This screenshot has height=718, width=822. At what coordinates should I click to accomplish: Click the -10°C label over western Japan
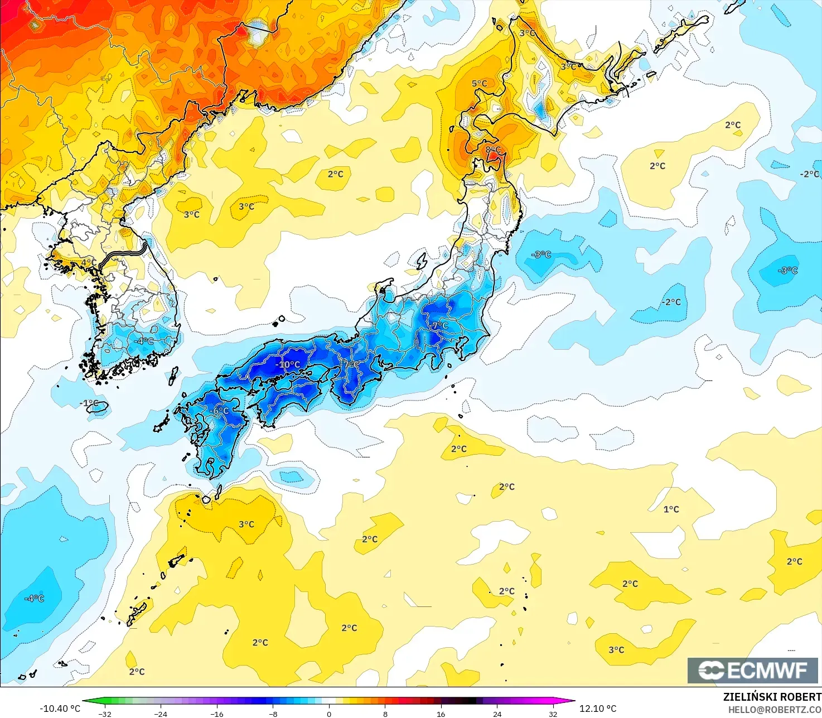click(288, 365)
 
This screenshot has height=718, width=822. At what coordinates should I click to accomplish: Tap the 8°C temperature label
click(493, 150)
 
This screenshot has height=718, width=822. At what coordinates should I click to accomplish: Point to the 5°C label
click(479, 84)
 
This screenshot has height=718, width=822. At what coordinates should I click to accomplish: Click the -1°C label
click(89, 403)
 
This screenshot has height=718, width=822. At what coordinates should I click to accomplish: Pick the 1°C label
click(671, 509)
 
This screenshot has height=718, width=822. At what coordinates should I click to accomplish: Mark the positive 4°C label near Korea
click(89, 263)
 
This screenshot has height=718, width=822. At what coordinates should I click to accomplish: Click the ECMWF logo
click(752, 670)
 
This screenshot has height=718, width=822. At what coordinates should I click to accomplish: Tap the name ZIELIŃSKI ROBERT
click(772, 697)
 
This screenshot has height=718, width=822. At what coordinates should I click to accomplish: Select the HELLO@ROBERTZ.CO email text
click(775, 710)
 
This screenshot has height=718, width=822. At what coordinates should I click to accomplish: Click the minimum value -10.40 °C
click(60, 709)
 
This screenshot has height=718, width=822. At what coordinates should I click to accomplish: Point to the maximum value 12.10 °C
click(598, 709)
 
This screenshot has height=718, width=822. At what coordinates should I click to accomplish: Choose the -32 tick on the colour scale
click(104, 714)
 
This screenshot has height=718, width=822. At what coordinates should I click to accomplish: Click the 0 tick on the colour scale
click(329, 714)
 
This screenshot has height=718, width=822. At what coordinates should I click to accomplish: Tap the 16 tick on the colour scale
click(441, 714)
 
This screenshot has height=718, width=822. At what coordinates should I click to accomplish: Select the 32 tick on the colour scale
click(553, 714)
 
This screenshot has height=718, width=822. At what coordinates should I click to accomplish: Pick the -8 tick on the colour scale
click(273, 714)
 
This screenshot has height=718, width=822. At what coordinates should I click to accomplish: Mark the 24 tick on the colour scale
click(497, 714)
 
